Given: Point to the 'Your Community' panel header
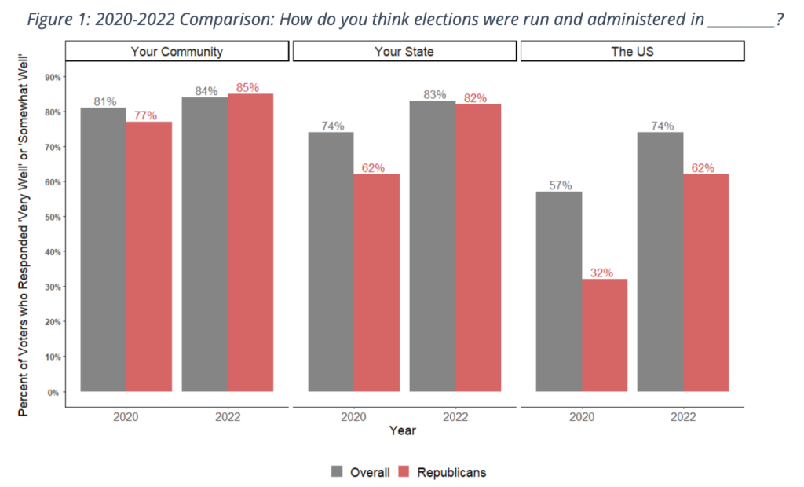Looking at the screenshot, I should [x=177, y=52].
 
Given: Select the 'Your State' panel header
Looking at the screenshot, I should [x=404, y=52].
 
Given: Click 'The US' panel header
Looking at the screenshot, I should [x=632, y=52].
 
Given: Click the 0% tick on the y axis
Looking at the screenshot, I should [x=53, y=392].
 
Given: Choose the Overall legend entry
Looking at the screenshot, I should [x=360, y=472].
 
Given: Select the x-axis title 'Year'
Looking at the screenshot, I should [x=404, y=430].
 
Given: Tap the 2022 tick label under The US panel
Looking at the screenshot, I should [x=683, y=416].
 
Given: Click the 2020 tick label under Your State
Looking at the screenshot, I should [x=353, y=416].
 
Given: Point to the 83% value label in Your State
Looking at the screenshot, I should [x=433, y=94].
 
